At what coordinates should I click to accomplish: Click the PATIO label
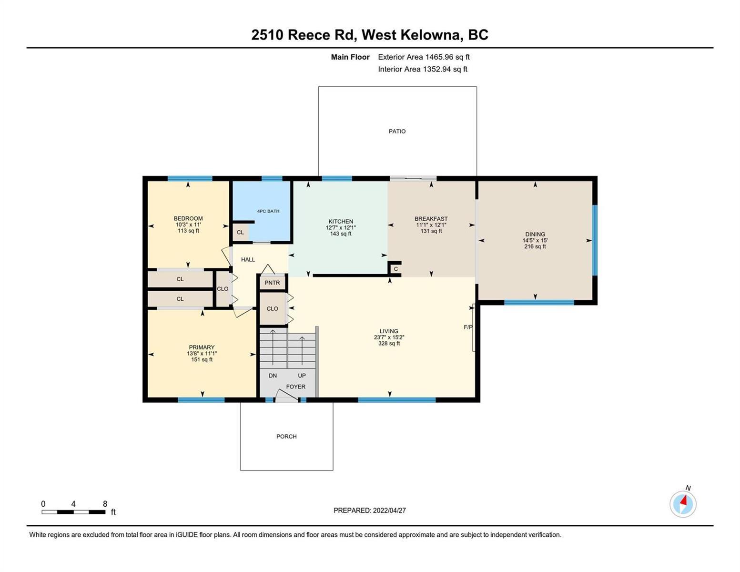(x=397, y=131)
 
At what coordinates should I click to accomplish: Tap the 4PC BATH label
(x=268, y=211)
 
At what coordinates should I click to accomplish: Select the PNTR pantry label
(x=272, y=283)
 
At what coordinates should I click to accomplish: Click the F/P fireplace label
(x=468, y=327)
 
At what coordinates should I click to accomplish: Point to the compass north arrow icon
(x=683, y=504)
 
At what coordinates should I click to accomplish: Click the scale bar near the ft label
(x=73, y=511)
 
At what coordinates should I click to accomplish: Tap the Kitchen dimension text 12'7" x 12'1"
(x=341, y=227)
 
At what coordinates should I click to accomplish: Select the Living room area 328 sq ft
(x=389, y=343)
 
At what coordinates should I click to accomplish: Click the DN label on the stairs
(x=273, y=376)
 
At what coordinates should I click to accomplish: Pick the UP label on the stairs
(x=302, y=376)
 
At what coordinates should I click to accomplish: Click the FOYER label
(x=295, y=387)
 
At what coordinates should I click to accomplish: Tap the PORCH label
(x=286, y=437)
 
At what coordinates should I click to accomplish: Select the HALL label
(x=248, y=260)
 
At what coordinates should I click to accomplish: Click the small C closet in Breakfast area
(x=395, y=269)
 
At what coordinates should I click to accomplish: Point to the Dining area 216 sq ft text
(x=535, y=246)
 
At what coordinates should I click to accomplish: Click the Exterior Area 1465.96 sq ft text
(x=424, y=57)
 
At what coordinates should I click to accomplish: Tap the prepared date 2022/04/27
(x=389, y=511)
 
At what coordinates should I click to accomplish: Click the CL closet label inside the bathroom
(x=240, y=232)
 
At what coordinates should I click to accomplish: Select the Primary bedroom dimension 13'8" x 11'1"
(x=202, y=354)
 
